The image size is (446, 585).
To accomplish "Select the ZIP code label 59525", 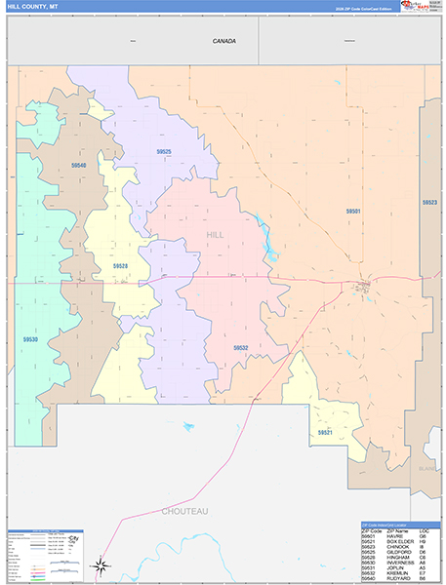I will click(163, 151).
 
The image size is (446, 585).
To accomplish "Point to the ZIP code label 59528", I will click(120, 265).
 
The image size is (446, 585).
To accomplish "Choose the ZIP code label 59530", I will click(30, 339).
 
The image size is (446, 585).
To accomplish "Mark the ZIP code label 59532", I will click(240, 347).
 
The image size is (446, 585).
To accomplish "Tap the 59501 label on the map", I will click(352, 211).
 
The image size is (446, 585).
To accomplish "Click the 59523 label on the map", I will click(429, 202).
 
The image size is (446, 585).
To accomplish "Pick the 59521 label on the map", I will click(325, 432).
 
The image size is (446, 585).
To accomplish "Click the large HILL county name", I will click(215, 235).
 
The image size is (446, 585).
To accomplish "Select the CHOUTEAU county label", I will click(184, 510).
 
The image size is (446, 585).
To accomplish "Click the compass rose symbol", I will click(101, 564).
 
